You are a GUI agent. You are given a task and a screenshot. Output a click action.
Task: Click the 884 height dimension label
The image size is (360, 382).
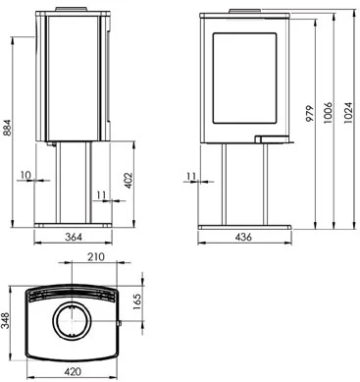(x=7, y=128)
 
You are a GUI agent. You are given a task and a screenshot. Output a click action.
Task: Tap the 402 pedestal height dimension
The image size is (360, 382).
(x=129, y=181)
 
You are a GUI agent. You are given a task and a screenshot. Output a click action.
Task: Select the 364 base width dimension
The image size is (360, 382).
(x=74, y=237)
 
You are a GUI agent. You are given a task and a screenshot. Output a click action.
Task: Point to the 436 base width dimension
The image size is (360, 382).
(x=243, y=237)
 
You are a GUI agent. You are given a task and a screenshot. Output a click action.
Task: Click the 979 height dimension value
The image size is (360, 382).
(x=310, y=113)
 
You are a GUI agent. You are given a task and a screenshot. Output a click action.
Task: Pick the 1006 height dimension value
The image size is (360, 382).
(x=328, y=113)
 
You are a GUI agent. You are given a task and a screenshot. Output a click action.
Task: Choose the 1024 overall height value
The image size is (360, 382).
(x=348, y=113)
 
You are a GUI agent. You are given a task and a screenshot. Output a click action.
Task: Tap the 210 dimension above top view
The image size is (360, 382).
(x=96, y=257)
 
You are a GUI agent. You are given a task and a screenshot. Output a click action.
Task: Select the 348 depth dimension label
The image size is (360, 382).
(x=6, y=320)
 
